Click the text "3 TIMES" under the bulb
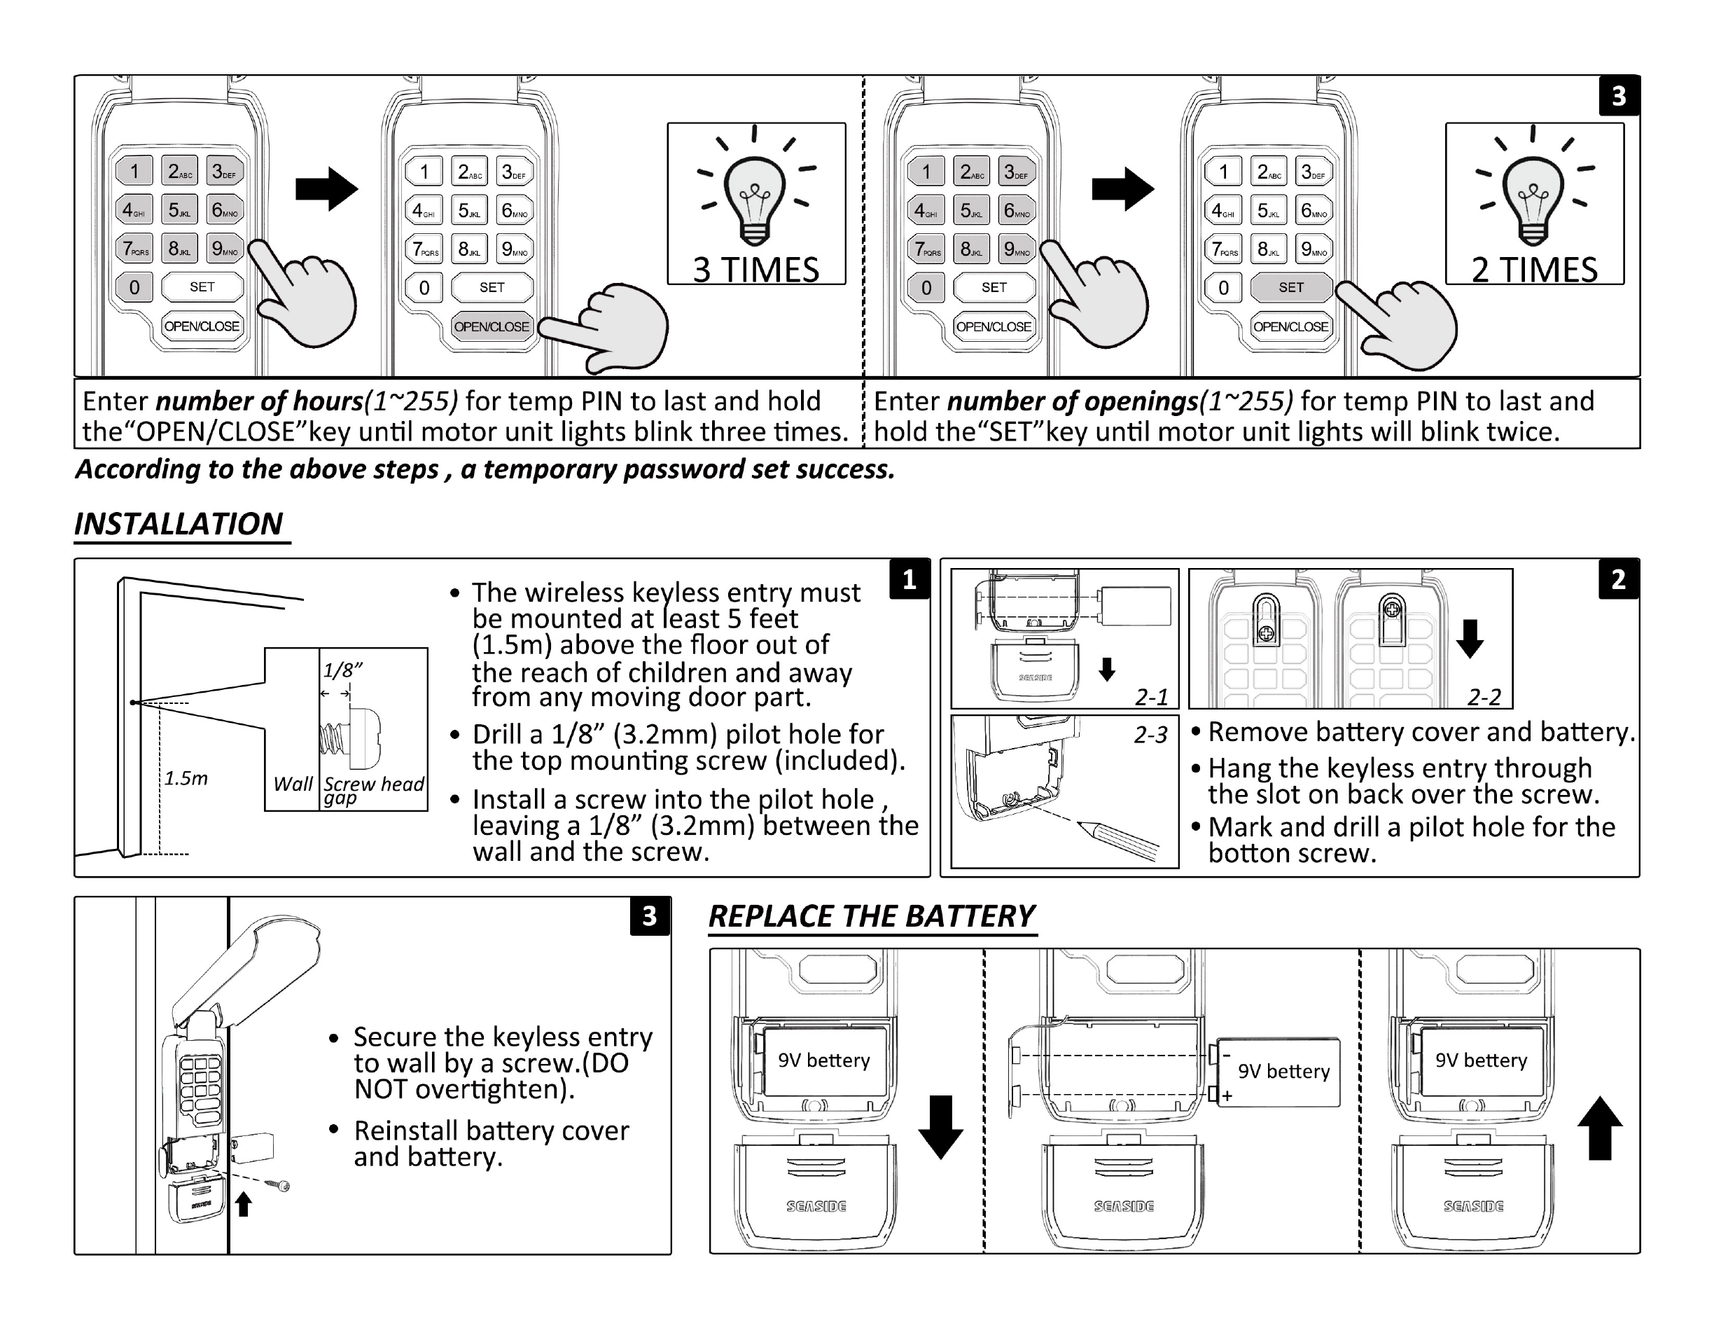point(755,270)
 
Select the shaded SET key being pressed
point(1290,287)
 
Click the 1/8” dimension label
point(342,670)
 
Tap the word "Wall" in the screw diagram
point(293,784)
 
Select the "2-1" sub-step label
point(1151,697)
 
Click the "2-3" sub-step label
point(1150,735)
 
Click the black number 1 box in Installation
point(909,579)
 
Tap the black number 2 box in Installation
point(1618,579)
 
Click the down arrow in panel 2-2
point(1469,638)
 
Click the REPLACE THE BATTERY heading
point(871,917)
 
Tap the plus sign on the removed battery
point(1227,1095)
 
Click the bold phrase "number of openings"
point(1073,402)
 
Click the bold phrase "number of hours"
point(259,402)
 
